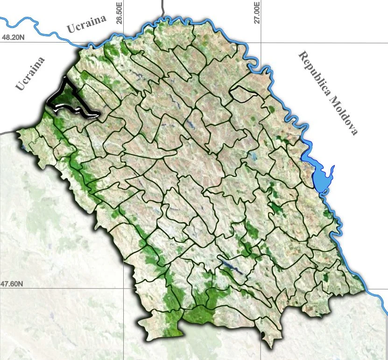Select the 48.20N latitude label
click(x=13, y=38)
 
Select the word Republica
click(x=317, y=75)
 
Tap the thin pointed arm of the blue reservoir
click(x=332, y=169)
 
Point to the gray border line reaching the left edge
click(x=7, y=133)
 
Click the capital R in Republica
click(x=302, y=57)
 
